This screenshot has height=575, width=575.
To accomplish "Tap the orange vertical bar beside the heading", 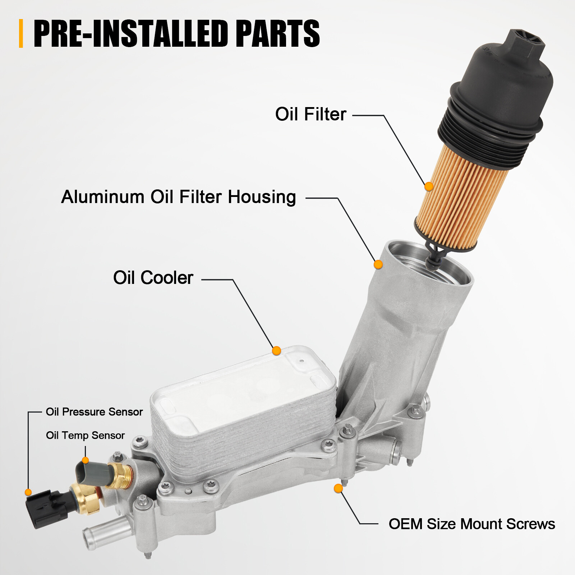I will click(21, 33).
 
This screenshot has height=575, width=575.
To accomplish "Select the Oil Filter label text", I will click(310, 114).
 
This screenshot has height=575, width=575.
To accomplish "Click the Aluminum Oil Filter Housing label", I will click(179, 197).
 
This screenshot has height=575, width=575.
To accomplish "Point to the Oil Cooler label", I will click(153, 278).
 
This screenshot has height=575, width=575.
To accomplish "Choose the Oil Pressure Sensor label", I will click(94, 412).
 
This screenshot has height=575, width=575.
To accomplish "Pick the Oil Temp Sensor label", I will click(85, 436).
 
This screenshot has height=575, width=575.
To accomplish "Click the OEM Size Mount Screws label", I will click(471, 524).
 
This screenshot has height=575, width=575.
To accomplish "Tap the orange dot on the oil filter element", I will click(428, 187).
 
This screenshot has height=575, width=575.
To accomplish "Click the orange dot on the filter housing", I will click(378, 264).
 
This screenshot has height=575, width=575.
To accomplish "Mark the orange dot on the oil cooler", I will click(276, 351).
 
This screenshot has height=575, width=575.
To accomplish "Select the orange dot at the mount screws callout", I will click(338, 488).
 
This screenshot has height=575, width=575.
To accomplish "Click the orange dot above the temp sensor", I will click(85, 460).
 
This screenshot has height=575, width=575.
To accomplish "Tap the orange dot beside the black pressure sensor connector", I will click(28, 492).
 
